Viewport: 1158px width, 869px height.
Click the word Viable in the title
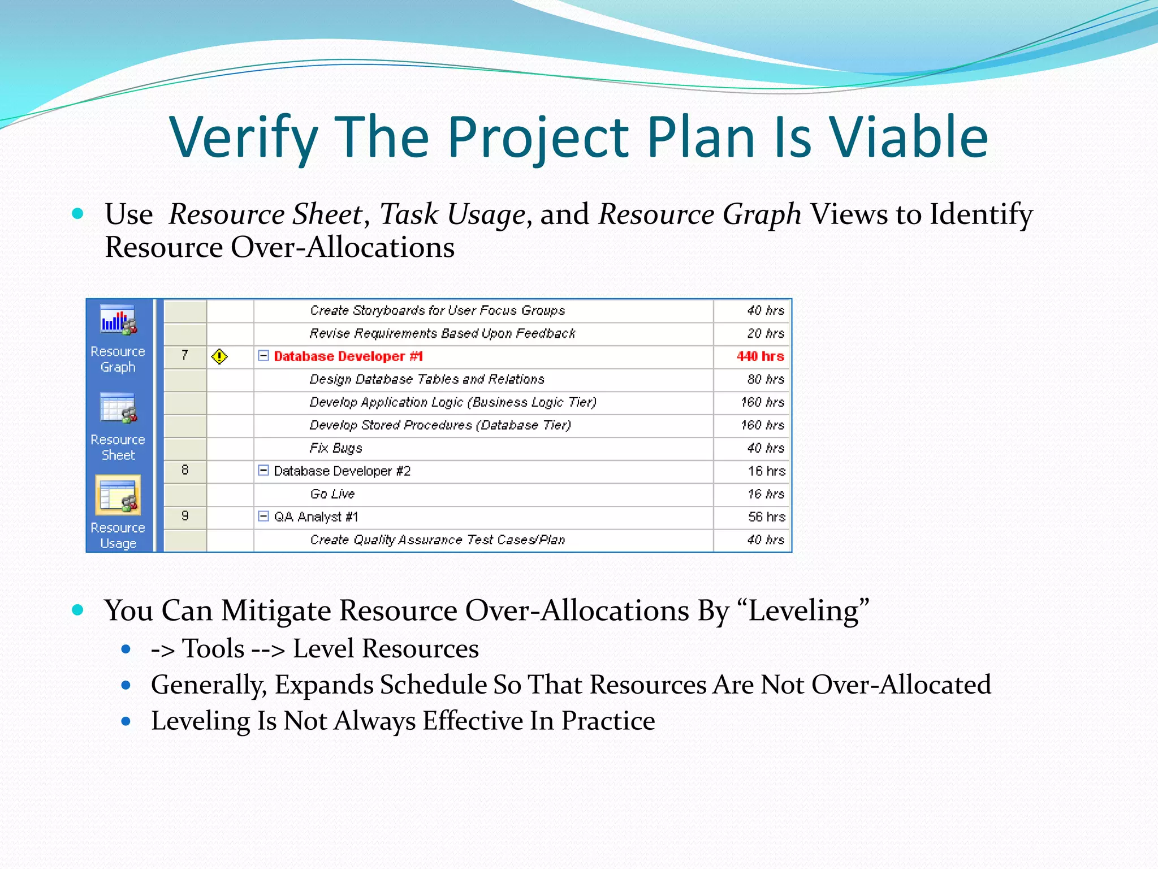pos(909,137)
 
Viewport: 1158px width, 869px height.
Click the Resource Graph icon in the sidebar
pos(118,320)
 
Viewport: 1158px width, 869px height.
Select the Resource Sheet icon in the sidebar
pos(118,408)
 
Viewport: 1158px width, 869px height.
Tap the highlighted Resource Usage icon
pos(118,496)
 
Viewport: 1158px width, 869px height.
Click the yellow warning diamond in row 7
pos(219,356)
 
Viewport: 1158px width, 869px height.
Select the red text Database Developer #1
pos(348,356)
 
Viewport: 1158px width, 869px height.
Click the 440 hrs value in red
pos(760,356)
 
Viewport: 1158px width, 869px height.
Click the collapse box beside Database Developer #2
pos(263,470)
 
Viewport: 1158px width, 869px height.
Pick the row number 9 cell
pos(185,516)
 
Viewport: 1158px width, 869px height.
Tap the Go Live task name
pos(332,494)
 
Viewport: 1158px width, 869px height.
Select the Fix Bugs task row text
pos(336,448)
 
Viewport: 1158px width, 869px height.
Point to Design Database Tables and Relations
pos(427,379)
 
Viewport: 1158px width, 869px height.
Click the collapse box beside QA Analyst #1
pos(263,516)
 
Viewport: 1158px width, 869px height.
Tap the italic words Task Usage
pos(452,215)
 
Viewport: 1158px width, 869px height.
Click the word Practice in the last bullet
pos(608,721)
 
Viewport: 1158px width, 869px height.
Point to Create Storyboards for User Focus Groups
pos(437,311)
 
